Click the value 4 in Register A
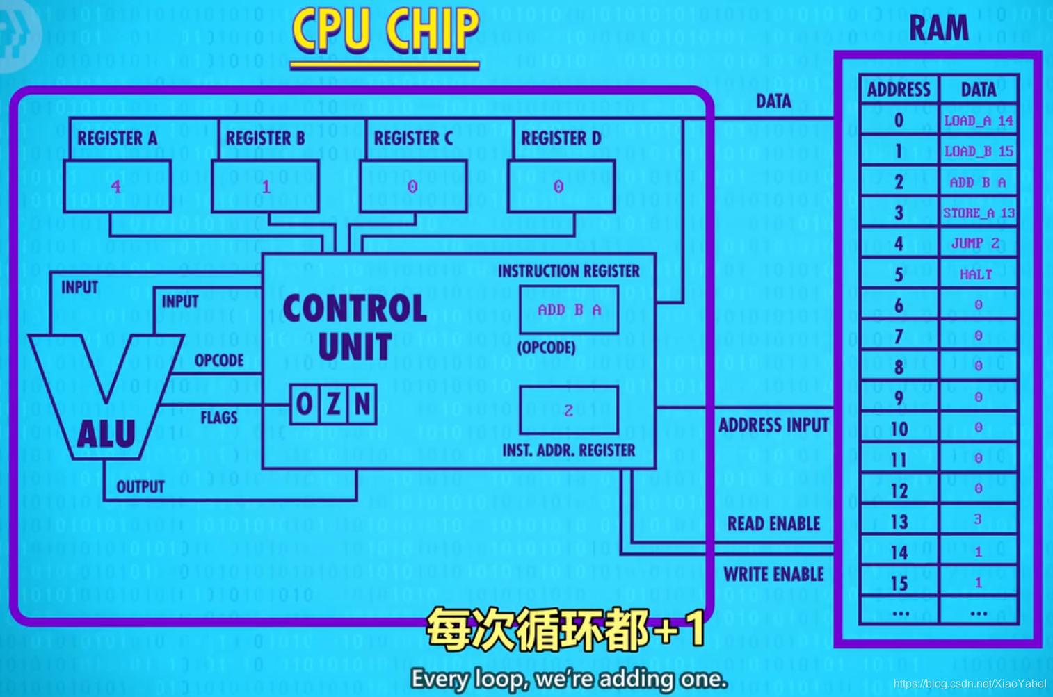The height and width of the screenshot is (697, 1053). (116, 186)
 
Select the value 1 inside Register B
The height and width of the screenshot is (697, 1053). (266, 187)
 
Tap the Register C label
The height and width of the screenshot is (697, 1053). (413, 138)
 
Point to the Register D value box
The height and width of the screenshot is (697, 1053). (561, 186)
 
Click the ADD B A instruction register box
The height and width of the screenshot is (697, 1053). (569, 310)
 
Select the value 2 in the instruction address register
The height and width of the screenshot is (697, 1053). (568, 411)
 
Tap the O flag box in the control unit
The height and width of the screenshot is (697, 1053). (305, 404)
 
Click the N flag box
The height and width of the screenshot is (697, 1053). (362, 404)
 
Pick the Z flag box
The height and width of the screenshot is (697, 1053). (334, 404)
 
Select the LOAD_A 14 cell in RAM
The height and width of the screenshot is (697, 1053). (978, 121)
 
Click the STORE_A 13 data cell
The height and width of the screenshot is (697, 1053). (978, 213)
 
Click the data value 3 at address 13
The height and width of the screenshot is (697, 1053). (978, 519)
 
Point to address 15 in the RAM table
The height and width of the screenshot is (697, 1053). (899, 583)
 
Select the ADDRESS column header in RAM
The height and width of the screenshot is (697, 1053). (899, 90)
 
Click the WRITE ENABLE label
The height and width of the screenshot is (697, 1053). (773, 575)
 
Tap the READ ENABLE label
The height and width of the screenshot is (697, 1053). (773, 524)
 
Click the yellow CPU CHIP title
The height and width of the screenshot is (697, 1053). (385, 31)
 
